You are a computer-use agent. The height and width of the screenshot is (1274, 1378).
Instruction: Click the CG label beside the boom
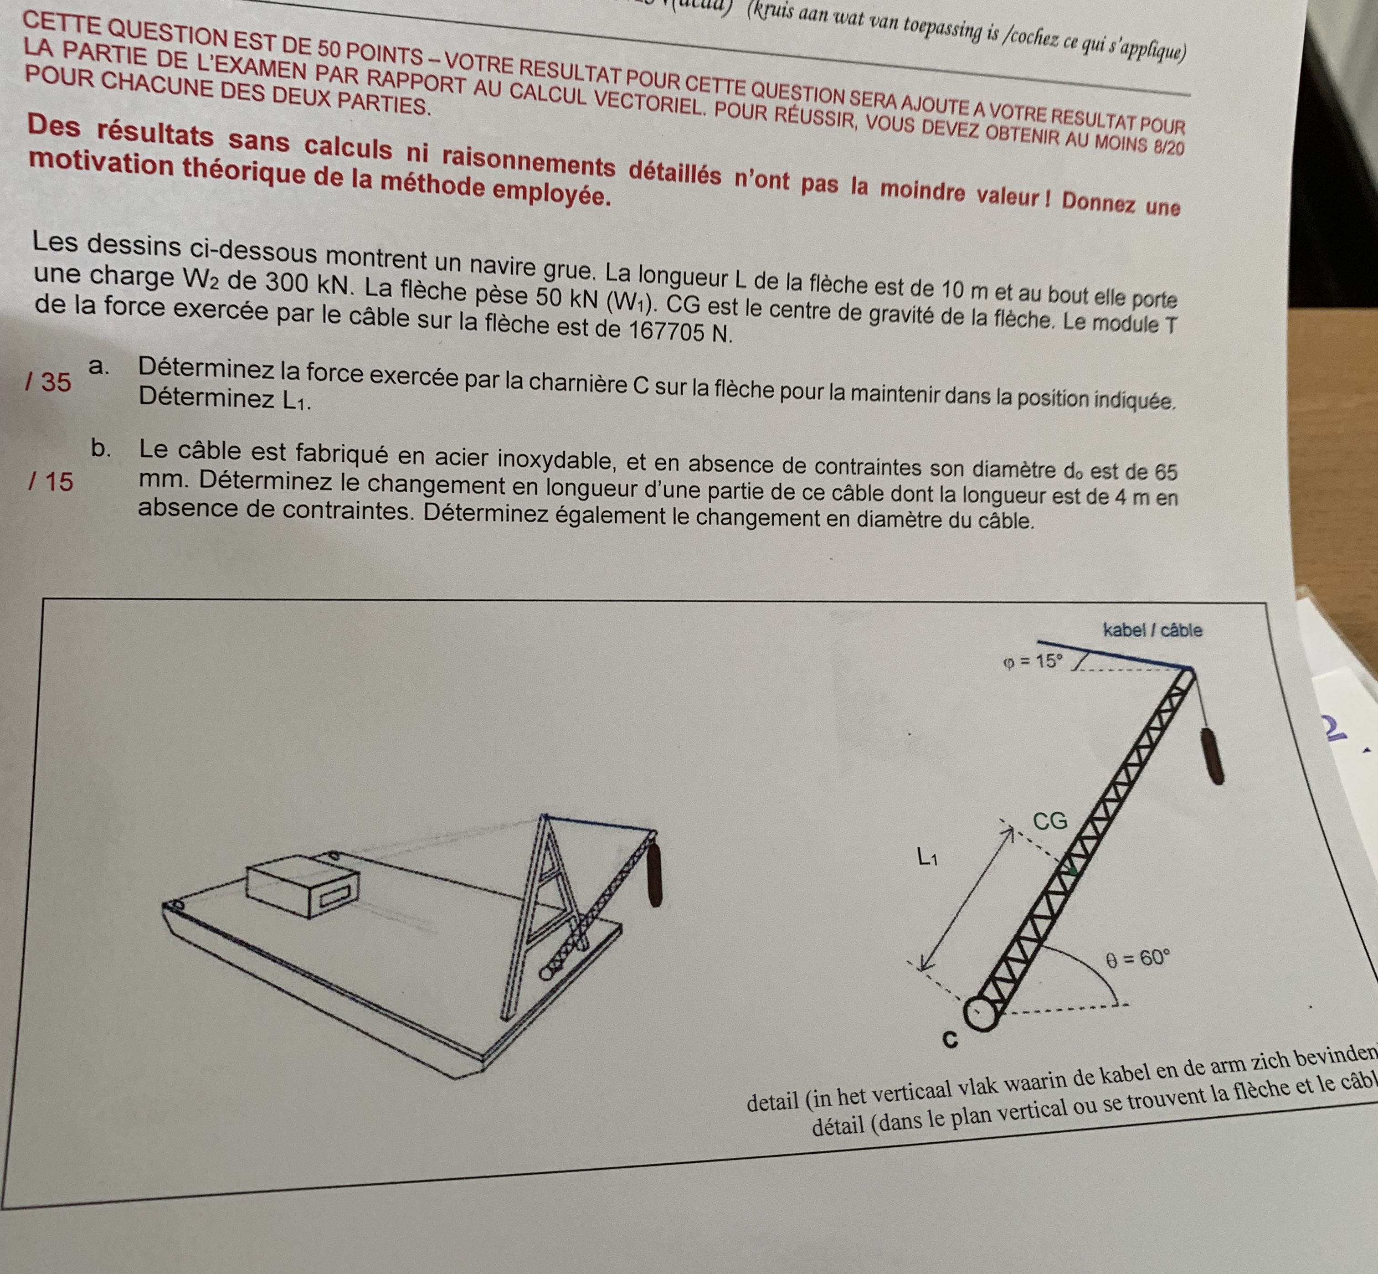tap(1050, 821)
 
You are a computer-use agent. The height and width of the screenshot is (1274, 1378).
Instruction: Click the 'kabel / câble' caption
tap(1152, 630)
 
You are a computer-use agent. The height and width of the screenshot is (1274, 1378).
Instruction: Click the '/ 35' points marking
tap(48, 381)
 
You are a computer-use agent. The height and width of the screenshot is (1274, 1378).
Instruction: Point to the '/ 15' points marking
tap(50, 481)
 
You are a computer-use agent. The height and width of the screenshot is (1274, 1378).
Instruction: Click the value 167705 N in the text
tap(679, 331)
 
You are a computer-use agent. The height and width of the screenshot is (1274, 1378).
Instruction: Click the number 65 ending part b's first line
tap(1166, 472)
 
